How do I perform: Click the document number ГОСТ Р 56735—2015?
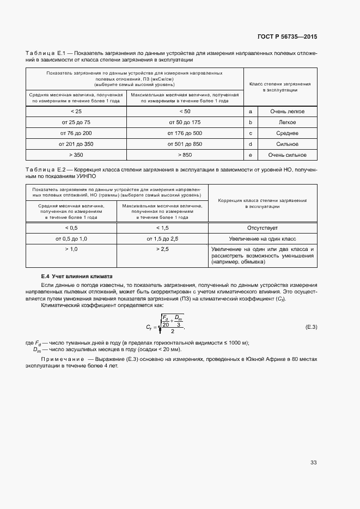click(287, 36)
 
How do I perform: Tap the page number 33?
click(313, 463)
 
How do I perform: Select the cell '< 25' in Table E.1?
click(76, 111)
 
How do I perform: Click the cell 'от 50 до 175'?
click(185, 122)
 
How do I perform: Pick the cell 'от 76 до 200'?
click(76, 133)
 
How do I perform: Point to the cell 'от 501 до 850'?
click(185, 144)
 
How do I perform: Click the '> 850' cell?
click(185, 155)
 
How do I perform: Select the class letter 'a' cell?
click(250, 111)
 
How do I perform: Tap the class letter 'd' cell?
click(250, 144)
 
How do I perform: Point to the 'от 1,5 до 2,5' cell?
click(162, 238)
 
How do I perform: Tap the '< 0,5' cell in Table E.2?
click(71, 228)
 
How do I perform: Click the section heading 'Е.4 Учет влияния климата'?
click(77, 276)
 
